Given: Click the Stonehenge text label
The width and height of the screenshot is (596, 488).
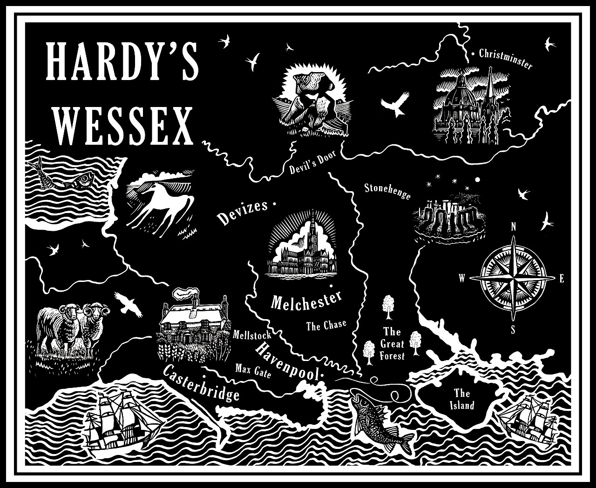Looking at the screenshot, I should coord(387,191).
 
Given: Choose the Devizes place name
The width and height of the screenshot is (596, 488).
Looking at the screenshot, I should coord(242,212).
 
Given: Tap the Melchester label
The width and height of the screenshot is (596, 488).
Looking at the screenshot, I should coord(306,301).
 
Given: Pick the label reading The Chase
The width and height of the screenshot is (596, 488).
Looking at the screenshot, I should coord(326,325).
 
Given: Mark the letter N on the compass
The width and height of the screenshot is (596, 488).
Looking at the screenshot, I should coord(514,227).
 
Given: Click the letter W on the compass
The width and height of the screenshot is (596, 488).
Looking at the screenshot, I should coord(462,279).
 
